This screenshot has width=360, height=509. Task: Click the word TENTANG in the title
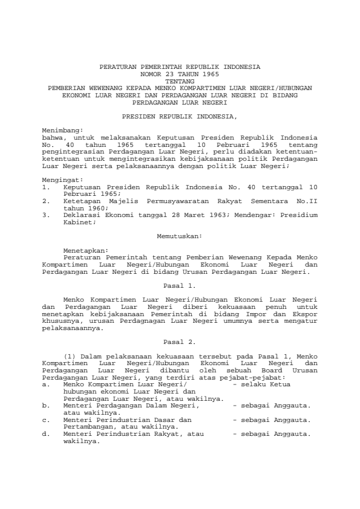[180, 80]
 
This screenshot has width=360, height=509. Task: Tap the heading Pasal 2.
[180, 342]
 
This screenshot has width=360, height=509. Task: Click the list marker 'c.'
[46, 420]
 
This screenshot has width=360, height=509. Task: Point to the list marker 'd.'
[46, 433]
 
